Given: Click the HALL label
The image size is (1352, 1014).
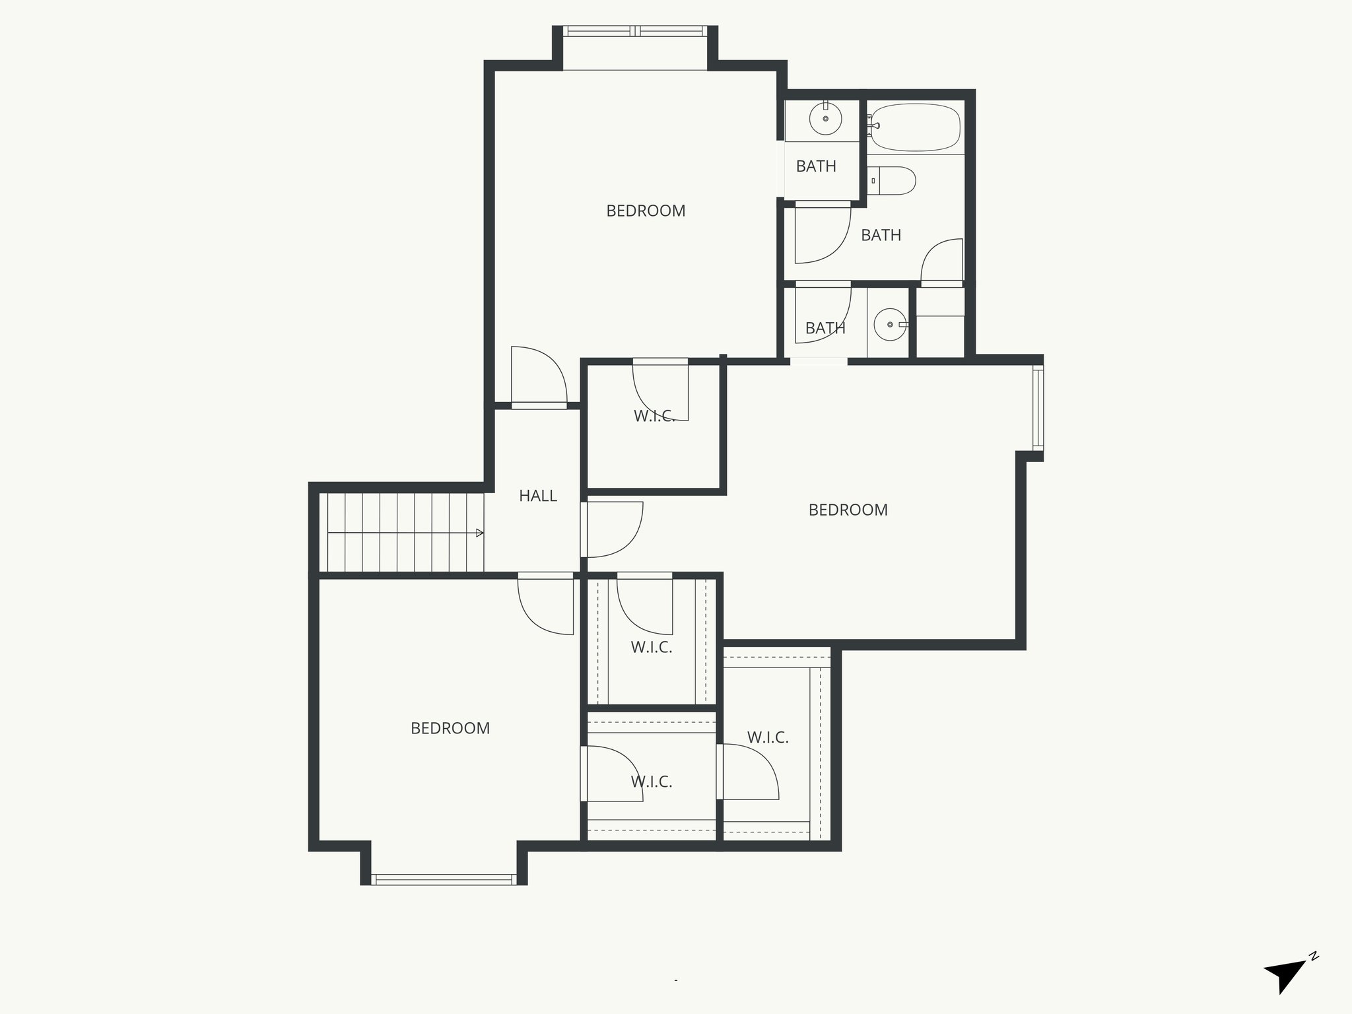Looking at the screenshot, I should (x=537, y=496).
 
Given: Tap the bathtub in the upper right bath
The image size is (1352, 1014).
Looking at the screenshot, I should (x=915, y=127).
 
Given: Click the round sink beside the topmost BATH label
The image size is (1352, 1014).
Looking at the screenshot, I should (x=825, y=119).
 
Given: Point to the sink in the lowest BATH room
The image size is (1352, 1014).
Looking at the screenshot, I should (x=890, y=325).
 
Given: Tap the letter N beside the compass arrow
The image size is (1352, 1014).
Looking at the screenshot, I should (x=1314, y=974).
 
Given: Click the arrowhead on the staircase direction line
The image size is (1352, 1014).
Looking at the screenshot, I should (x=480, y=533).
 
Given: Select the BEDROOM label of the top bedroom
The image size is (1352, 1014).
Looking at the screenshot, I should (x=646, y=211).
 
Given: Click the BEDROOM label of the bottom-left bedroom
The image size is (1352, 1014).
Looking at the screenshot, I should (x=450, y=729).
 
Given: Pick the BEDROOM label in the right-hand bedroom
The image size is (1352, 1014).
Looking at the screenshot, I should (x=848, y=510).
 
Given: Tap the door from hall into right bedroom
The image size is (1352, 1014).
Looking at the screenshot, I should (x=613, y=529).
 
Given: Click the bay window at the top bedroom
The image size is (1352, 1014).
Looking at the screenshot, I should (x=634, y=31).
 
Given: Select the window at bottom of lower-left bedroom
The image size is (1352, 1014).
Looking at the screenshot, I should (x=444, y=879).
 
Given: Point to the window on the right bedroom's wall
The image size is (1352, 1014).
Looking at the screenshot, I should (x=1038, y=409).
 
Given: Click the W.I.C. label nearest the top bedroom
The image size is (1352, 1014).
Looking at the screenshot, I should (x=654, y=417).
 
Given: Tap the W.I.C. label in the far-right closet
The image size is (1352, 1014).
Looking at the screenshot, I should (x=768, y=737).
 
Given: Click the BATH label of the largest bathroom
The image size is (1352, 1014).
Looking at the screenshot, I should (x=881, y=236).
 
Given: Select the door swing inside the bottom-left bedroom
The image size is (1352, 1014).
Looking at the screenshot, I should (x=547, y=605).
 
